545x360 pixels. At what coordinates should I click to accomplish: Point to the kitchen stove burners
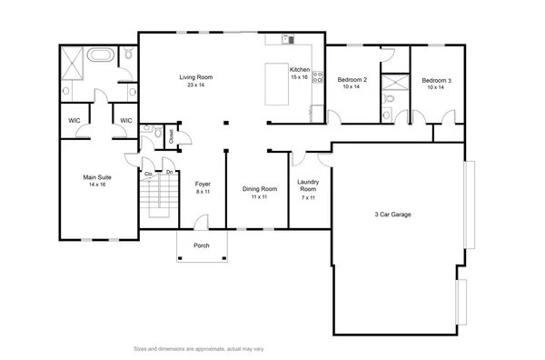point(317,77)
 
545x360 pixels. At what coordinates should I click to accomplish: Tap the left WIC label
point(74,120)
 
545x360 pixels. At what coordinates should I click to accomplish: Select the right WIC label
point(125,120)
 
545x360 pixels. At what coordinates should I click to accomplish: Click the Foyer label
point(203,187)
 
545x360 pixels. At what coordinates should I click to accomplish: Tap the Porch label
point(203,245)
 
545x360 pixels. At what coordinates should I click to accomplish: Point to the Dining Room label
point(258,193)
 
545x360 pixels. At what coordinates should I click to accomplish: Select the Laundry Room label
point(308,188)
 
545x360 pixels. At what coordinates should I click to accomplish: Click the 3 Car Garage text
point(393,215)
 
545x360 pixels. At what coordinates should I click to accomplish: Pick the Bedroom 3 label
point(437,84)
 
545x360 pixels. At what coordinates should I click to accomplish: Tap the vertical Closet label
point(171,135)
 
